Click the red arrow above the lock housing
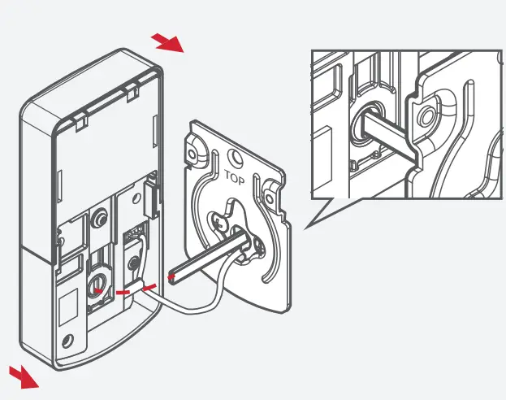click(169, 43)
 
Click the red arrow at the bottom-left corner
click(24, 376)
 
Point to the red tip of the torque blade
click(171, 278)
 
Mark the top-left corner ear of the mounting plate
click(195, 142)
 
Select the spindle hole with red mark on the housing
click(97, 285)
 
